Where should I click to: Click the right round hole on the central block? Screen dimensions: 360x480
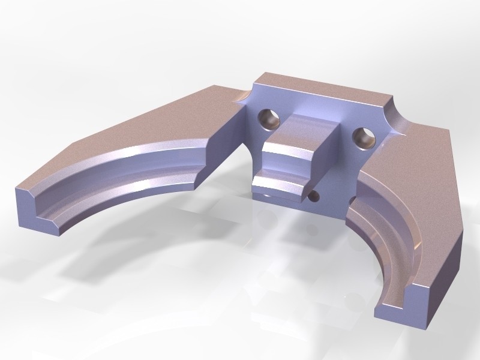364,137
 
